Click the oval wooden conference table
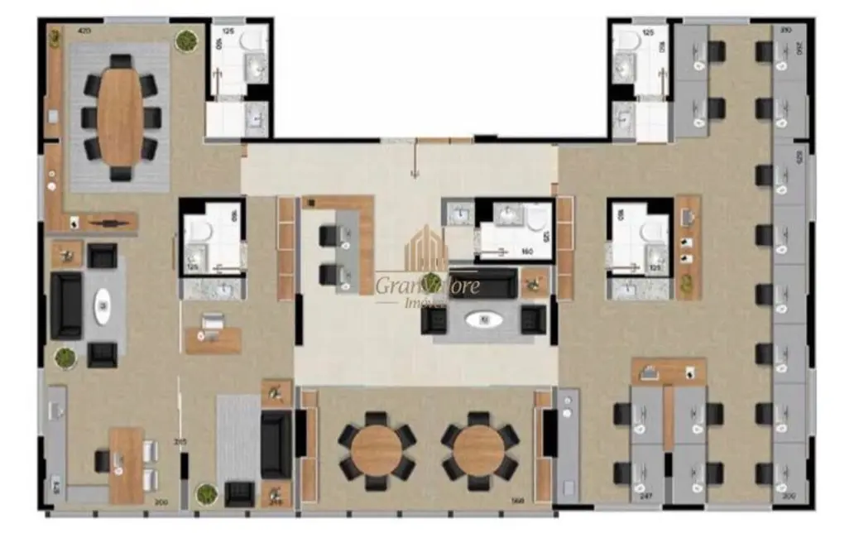point(121,115)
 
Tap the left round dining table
point(377,449)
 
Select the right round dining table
point(479,449)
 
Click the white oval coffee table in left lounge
point(103,306)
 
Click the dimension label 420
point(84,31)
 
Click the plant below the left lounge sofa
point(65,358)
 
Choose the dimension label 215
point(180,442)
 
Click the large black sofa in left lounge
point(66,305)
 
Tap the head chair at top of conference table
point(121,62)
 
